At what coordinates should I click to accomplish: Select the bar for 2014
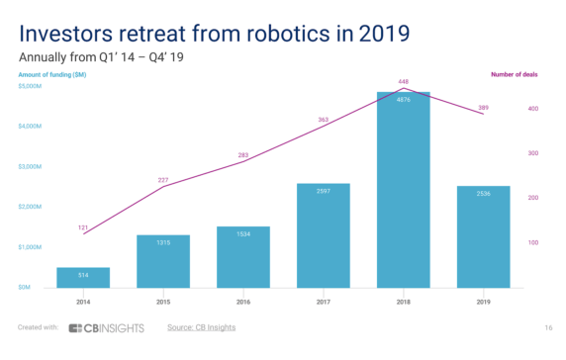(83, 277)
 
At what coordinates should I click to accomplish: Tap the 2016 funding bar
(243, 257)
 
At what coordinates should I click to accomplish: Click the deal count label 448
(403, 81)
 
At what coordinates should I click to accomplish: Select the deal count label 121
(83, 226)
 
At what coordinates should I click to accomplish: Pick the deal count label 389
(483, 107)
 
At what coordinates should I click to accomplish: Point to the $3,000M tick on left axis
(31, 167)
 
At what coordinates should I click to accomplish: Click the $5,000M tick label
(31, 87)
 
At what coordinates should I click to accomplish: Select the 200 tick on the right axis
(531, 198)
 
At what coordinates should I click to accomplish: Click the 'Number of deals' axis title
(515, 73)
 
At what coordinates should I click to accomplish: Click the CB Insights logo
(107, 327)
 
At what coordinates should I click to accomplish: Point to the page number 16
(547, 327)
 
